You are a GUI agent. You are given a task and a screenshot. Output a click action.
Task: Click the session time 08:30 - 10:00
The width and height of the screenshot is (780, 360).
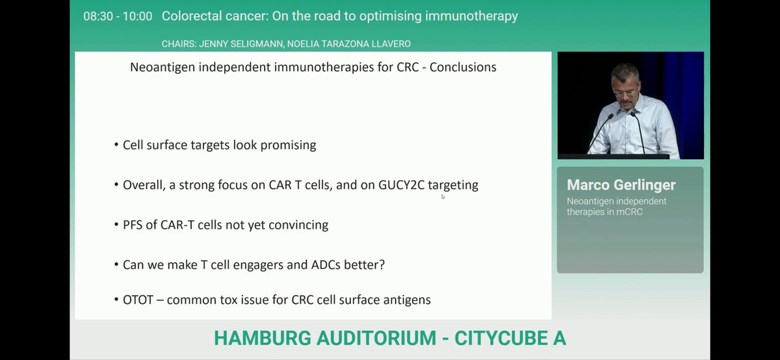click(118, 16)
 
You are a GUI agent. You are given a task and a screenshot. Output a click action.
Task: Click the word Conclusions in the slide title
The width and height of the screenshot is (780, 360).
click(463, 67)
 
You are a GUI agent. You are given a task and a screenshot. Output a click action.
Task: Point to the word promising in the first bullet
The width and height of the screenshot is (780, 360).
click(289, 146)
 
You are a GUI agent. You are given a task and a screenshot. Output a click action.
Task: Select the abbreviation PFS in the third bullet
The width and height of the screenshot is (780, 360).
click(134, 225)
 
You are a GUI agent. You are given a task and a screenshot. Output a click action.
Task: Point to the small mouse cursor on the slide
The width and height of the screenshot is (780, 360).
click(443, 196)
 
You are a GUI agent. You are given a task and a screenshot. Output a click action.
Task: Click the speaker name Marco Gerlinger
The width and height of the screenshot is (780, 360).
click(621, 185)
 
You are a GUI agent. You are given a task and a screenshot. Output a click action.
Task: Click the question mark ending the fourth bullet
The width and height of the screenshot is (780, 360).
click(382, 265)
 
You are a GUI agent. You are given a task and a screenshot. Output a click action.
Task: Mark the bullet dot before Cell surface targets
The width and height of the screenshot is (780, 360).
click(116, 146)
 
